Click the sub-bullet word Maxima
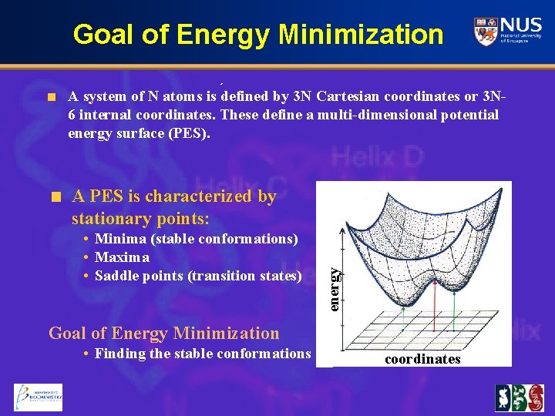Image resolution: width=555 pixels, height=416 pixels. point(122,257)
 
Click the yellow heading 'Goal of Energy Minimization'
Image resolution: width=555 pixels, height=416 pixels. point(163,334)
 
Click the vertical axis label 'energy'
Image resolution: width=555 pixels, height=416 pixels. point(334,289)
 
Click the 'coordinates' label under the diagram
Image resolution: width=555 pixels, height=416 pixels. point(422,359)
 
